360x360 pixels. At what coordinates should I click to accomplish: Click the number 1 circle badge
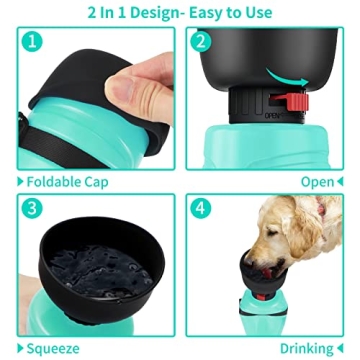(x=33, y=44)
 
